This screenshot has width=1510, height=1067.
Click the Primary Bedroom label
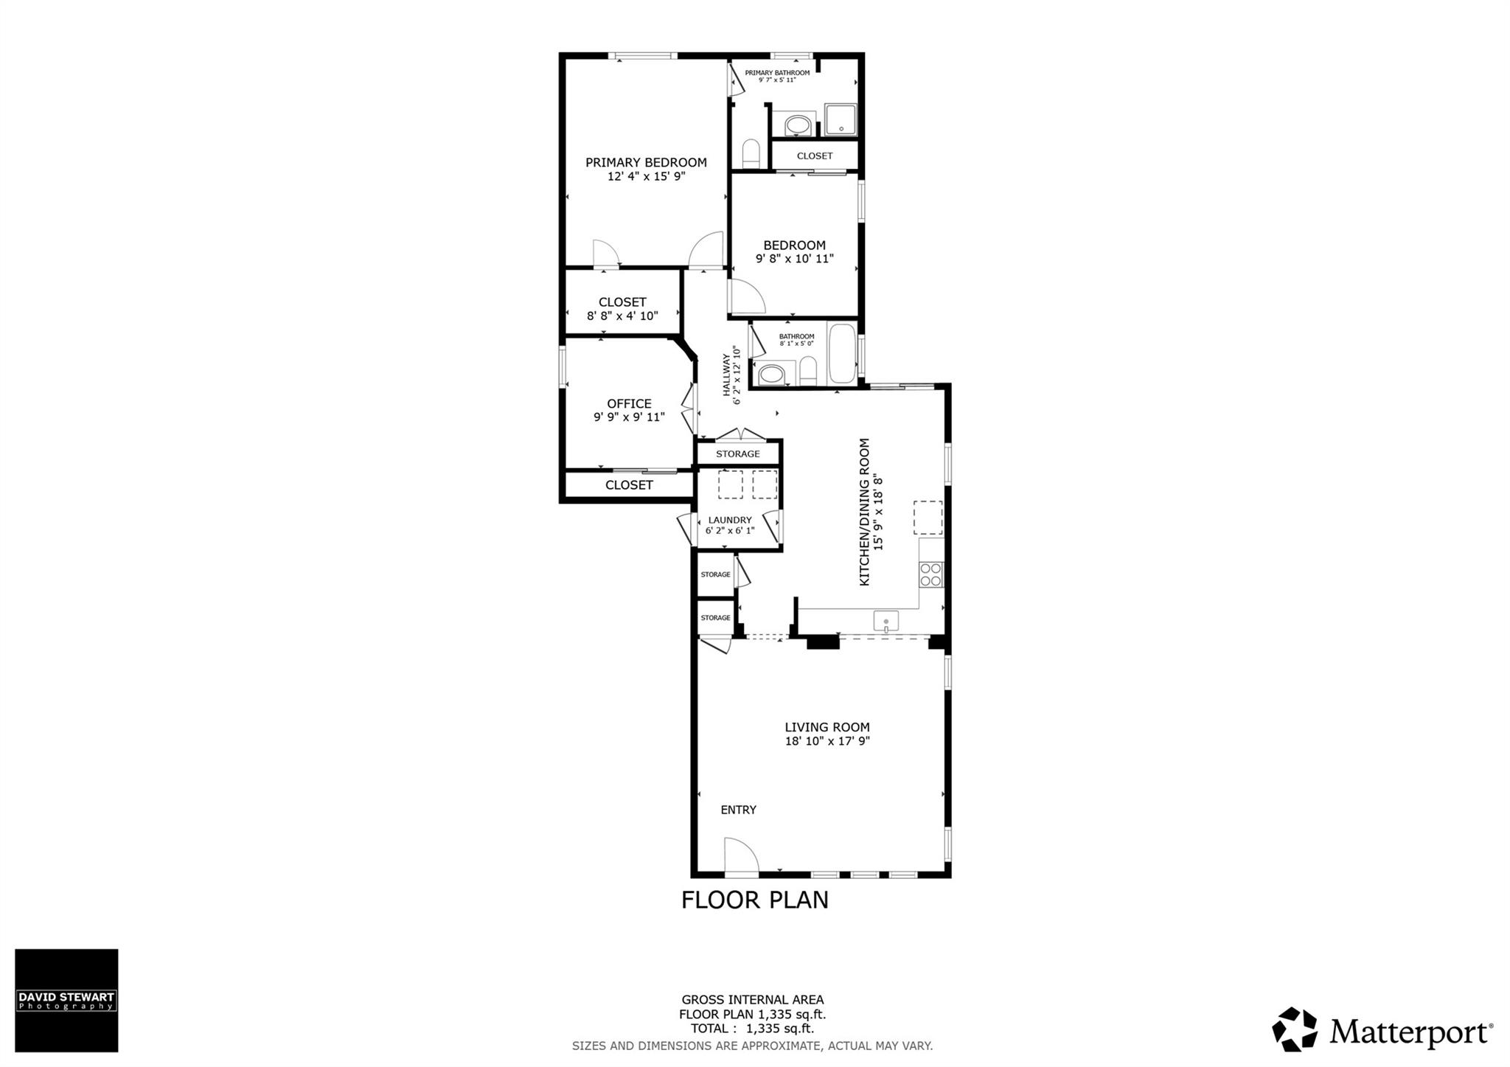tap(646, 162)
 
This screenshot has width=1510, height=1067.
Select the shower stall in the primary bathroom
tap(841, 120)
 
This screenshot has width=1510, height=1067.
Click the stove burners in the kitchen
tap(930, 574)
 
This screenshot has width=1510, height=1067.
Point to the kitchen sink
tap(886, 622)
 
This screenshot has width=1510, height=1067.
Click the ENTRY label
tap(738, 810)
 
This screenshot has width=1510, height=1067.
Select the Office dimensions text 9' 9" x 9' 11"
tap(629, 417)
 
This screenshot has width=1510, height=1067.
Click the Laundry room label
tap(730, 520)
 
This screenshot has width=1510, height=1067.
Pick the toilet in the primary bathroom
tap(751, 153)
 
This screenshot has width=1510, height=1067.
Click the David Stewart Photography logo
tap(66, 1000)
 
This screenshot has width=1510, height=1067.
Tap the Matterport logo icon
tap(1294, 1029)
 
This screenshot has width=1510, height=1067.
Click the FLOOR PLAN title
tap(754, 900)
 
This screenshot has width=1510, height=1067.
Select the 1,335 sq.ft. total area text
tap(780, 1029)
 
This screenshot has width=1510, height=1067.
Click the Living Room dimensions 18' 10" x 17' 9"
tap(827, 741)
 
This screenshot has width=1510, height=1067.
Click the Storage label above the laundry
tap(737, 453)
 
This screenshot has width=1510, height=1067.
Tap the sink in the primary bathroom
tap(797, 126)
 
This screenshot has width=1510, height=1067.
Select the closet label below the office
tap(629, 484)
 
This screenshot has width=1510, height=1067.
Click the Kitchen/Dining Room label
tap(865, 512)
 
